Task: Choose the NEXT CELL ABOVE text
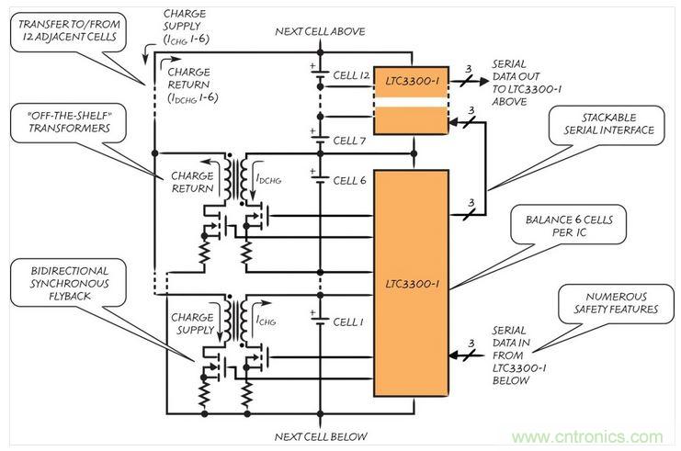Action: point(321,32)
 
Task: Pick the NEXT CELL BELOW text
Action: point(322,435)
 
